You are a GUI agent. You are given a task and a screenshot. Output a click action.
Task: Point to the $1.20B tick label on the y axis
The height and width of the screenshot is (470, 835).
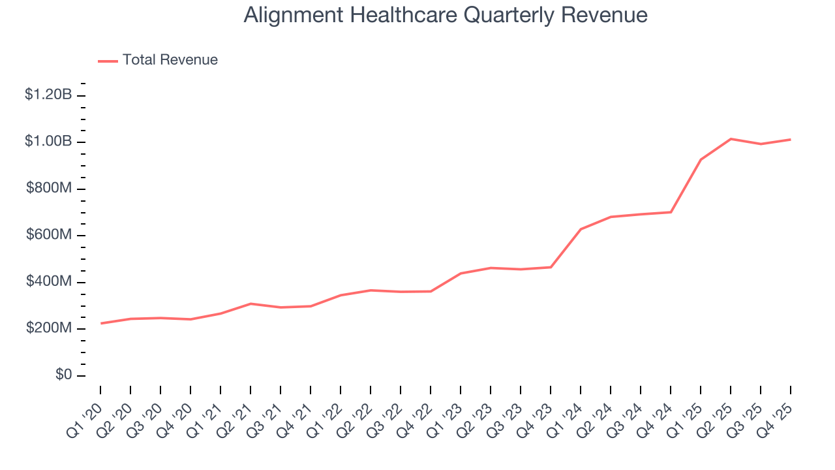tap(48, 95)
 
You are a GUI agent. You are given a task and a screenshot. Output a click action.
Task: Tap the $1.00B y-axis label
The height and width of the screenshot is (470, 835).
tap(48, 142)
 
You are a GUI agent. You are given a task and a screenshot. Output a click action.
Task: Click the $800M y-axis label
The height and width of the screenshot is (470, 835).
tap(49, 189)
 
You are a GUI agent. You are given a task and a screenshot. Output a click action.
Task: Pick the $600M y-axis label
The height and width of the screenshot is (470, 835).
tap(49, 235)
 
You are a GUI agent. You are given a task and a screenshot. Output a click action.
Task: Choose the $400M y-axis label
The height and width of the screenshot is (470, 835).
tap(49, 282)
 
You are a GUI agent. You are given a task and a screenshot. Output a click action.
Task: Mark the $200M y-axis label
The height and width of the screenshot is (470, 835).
tap(49, 328)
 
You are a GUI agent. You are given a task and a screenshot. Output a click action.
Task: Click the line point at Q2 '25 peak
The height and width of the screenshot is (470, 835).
tap(731, 139)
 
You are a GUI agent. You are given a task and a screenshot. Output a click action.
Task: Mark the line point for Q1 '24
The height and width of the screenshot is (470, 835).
tap(581, 229)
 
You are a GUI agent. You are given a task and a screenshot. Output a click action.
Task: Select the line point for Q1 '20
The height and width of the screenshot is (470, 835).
tap(100, 323)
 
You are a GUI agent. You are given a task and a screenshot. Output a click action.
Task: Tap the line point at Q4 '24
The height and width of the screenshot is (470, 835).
tap(671, 212)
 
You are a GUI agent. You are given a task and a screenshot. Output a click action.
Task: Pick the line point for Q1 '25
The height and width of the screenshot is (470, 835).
tap(701, 159)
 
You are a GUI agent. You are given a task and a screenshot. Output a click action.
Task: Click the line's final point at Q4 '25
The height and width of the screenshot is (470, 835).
tap(791, 140)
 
